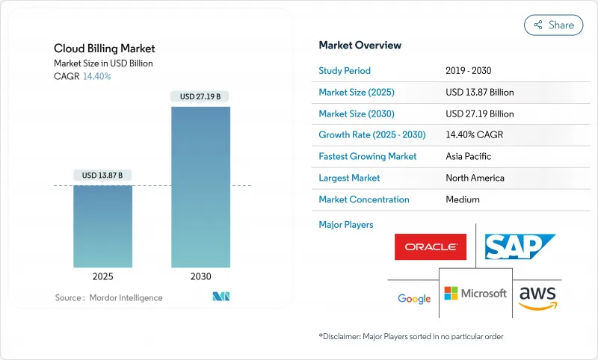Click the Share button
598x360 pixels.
coord(553,25)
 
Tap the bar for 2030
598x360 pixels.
coord(200,187)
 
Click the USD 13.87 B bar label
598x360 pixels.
coord(103,175)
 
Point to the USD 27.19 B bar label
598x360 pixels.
coord(200,96)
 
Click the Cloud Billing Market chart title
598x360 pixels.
coord(105,49)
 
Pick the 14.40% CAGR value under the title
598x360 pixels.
coord(96,76)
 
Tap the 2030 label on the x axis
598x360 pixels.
coord(200,276)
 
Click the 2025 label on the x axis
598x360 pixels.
coord(103,276)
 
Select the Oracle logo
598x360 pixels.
coord(430,246)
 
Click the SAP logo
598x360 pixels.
coord(520,246)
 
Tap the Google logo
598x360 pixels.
coord(414,299)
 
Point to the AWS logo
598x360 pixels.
coord(538,297)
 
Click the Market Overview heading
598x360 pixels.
coord(360,45)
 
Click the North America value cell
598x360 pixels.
coord(475,178)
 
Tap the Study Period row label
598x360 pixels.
coord(345,71)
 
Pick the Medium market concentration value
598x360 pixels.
coord(462,199)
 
